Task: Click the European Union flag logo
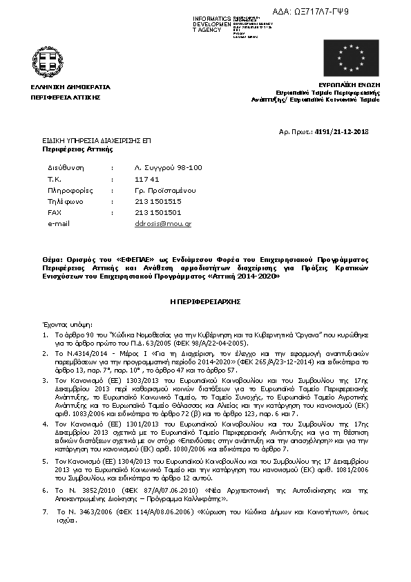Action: (351, 57)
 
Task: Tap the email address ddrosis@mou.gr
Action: (163, 224)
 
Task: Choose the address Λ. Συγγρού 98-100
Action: (168, 168)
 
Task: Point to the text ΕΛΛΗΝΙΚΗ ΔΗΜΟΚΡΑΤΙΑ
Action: (70, 87)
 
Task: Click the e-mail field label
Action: (59, 224)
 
